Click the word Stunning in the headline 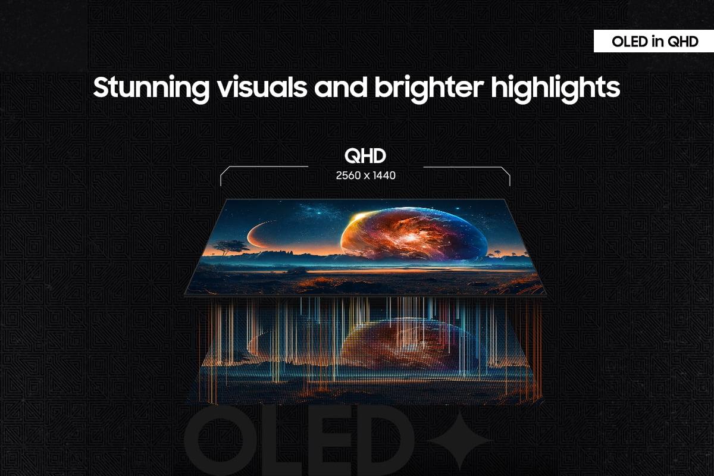(151, 88)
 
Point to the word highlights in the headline (555, 88)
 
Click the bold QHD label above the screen (365, 156)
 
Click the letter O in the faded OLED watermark (221, 443)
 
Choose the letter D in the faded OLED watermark (390, 443)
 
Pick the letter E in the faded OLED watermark (329, 443)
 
